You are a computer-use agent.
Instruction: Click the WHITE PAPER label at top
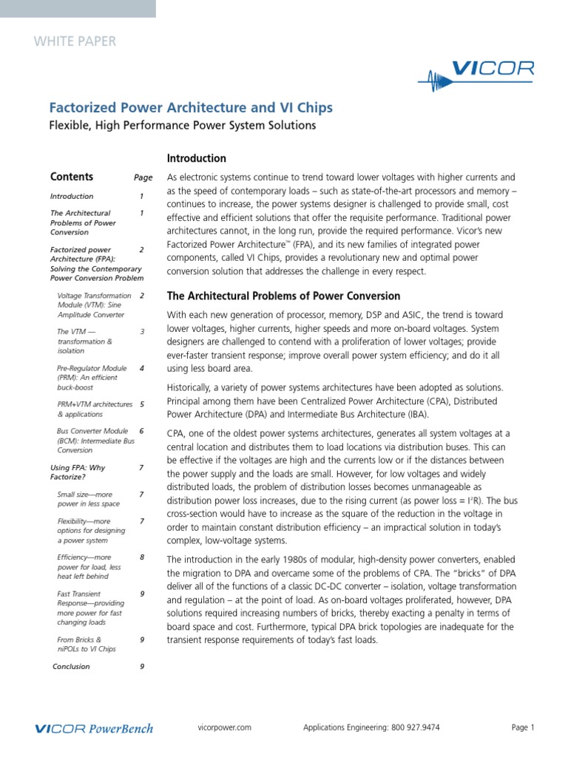[75, 41]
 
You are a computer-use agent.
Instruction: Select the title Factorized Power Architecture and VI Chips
[191, 108]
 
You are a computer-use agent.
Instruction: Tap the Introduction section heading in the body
[196, 158]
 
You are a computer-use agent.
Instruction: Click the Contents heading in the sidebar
[72, 177]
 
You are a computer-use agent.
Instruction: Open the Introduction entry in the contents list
[72, 197]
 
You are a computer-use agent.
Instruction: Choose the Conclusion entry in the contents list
[72, 666]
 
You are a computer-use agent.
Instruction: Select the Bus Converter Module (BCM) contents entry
[95, 440]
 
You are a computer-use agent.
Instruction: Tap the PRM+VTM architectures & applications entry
[95, 410]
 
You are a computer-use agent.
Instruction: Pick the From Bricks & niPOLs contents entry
[86, 644]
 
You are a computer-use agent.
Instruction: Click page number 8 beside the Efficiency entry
[142, 557]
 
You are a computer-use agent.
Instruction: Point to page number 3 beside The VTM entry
[142, 332]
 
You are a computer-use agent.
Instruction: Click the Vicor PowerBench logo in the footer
[95, 728]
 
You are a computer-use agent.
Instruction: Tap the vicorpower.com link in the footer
[226, 727]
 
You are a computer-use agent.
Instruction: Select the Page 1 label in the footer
[522, 727]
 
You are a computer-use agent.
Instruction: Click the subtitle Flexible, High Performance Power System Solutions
[183, 126]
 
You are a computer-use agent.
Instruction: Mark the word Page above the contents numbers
[143, 178]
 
